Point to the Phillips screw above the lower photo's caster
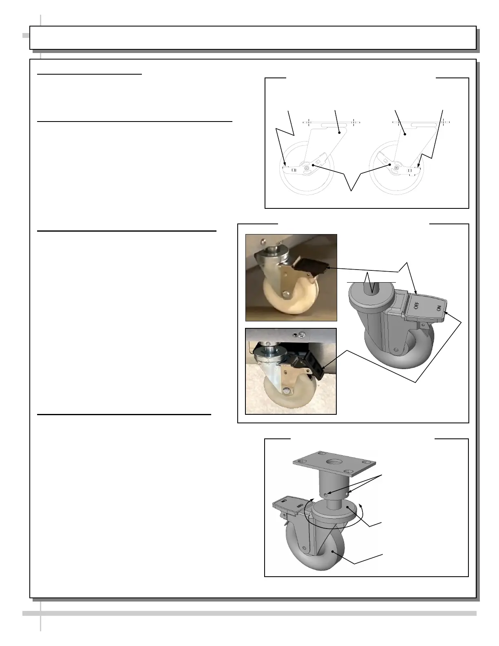(302, 335)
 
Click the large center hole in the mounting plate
(334, 462)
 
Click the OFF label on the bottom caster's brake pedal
(300, 505)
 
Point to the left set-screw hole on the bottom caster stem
(326, 495)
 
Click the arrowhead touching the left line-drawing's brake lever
(285, 164)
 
